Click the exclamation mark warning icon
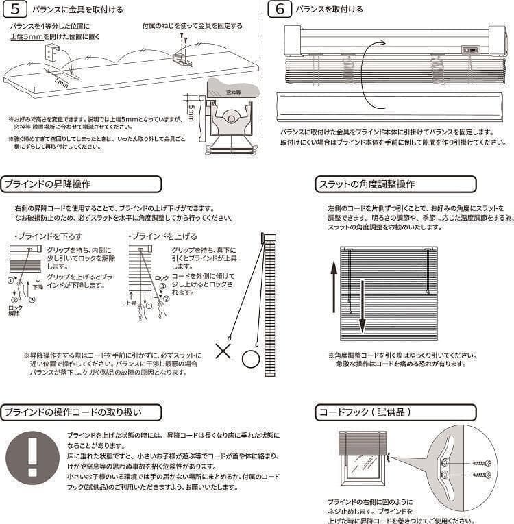32,458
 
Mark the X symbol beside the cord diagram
223,352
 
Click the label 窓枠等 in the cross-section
235,90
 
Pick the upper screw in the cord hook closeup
482,464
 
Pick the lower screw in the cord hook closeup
482,474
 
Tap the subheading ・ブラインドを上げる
154,236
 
